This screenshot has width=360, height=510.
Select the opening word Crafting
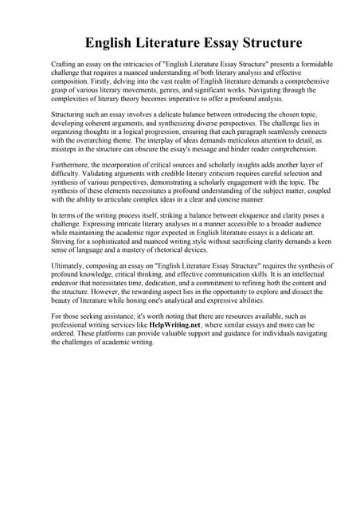click(65, 62)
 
